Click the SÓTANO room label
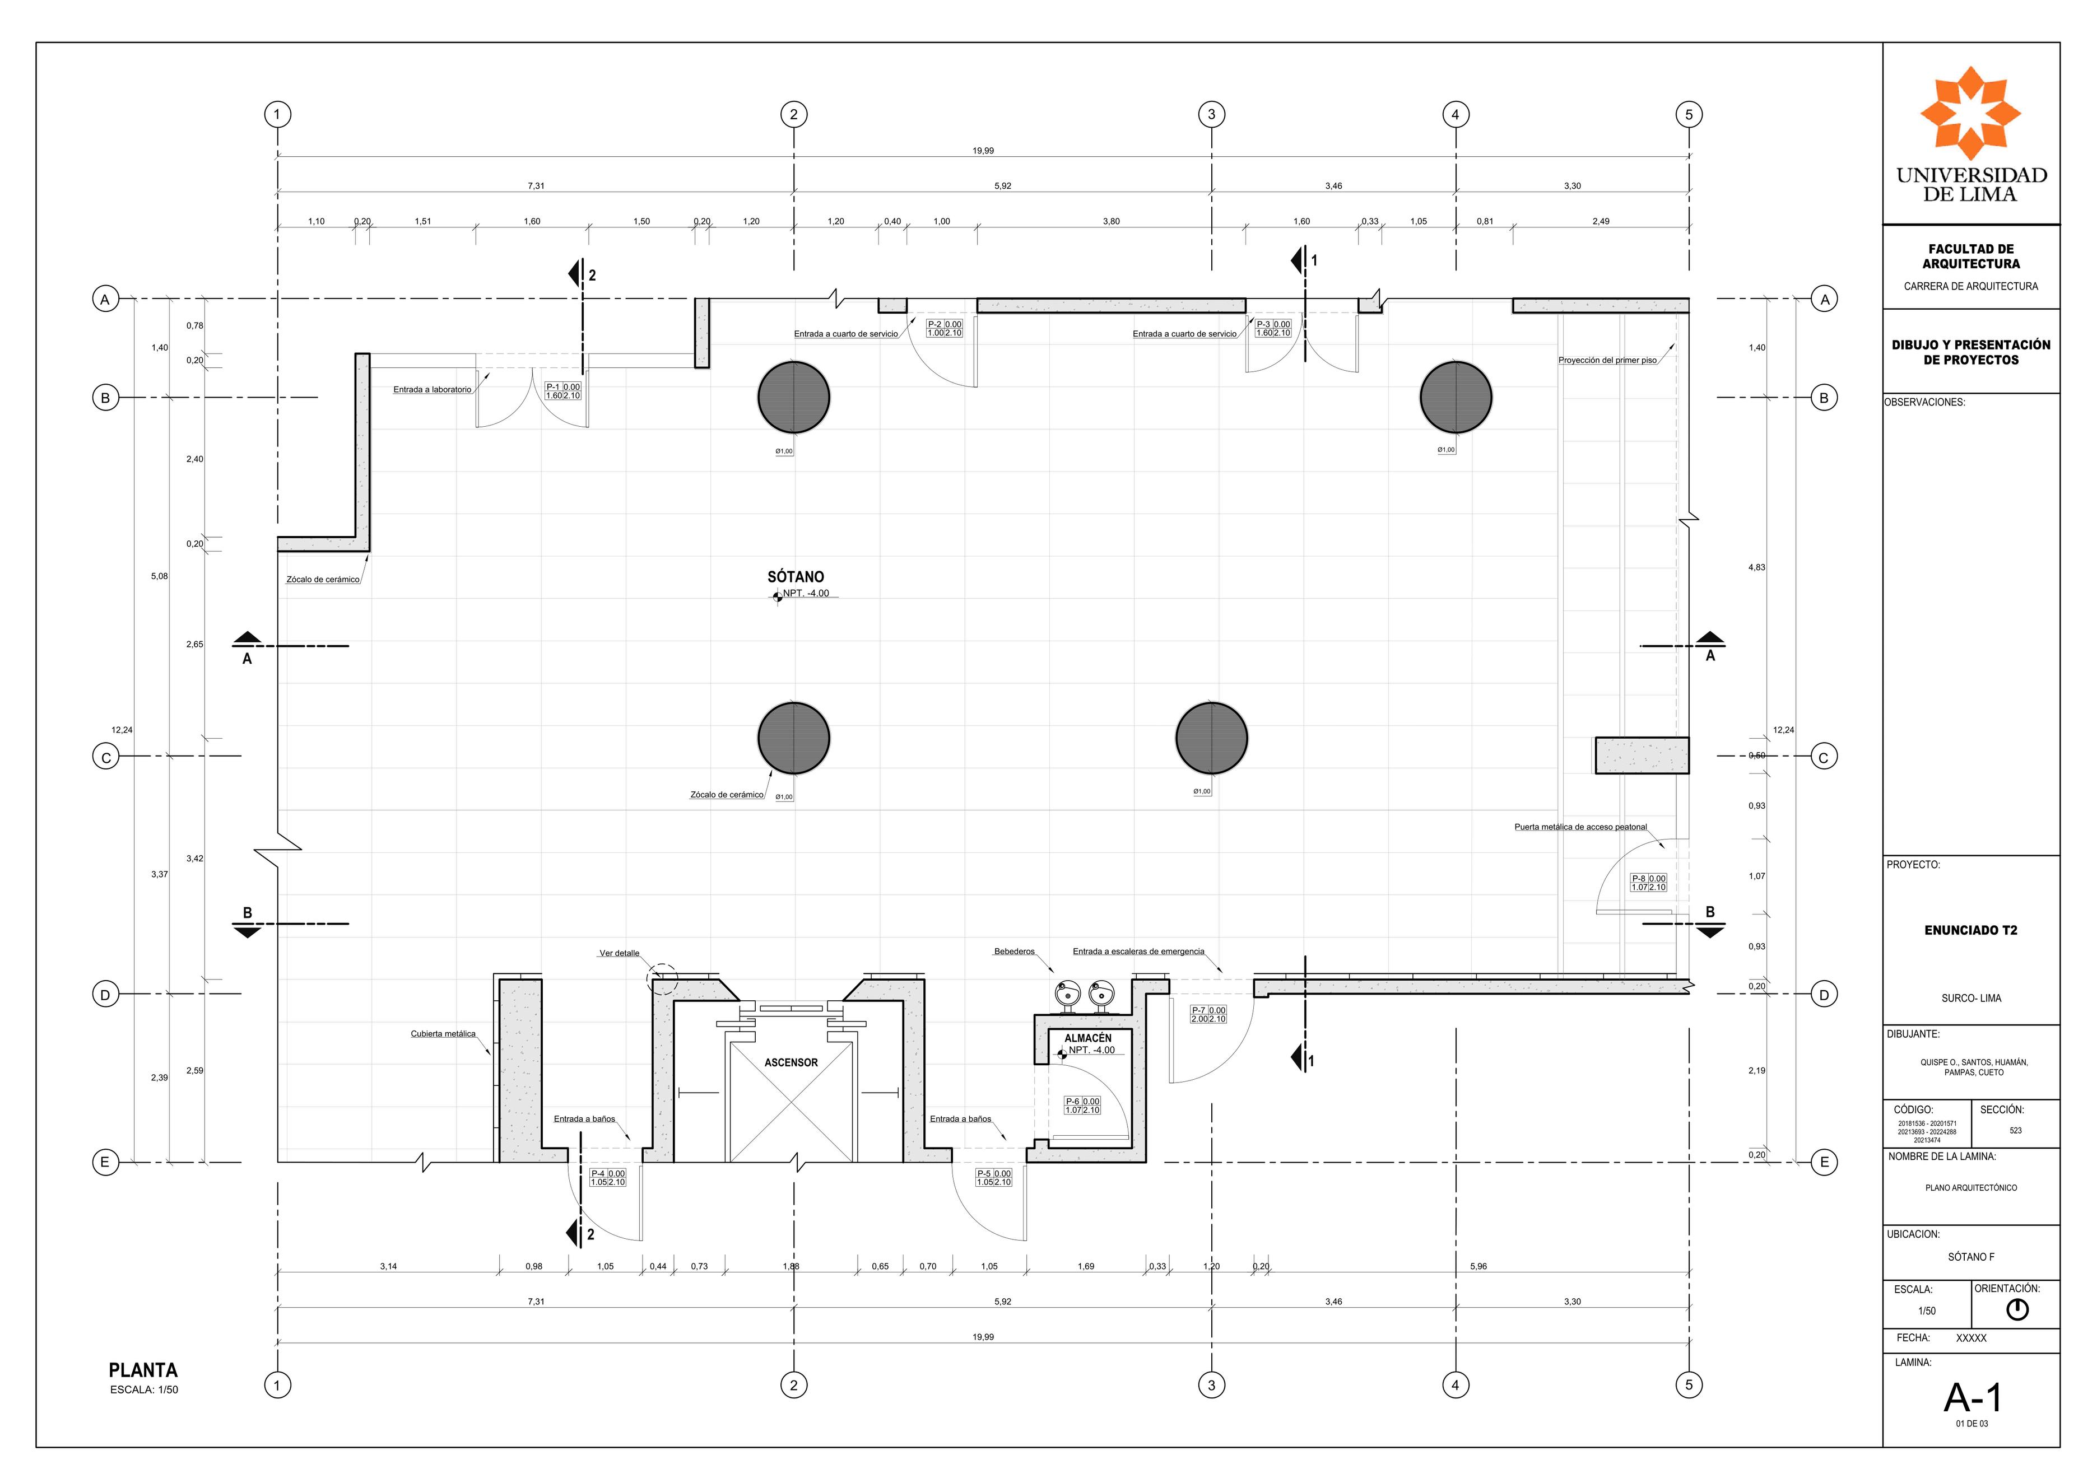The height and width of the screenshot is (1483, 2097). point(794,577)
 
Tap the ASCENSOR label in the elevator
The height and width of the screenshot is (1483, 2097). point(791,1063)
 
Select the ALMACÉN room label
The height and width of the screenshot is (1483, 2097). point(1088,1038)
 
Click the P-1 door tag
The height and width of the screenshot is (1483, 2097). point(562,391)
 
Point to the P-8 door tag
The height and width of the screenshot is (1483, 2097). point(1649,883)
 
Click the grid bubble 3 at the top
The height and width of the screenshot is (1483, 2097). point(1212,115)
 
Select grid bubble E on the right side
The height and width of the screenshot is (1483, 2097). point(1824,1163)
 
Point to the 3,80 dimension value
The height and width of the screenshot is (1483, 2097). point(1110,222)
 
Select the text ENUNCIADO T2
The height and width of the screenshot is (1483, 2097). point(1971,931)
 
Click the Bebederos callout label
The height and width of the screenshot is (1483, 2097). point(1014,952)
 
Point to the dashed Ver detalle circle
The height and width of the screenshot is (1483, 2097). point(662,979)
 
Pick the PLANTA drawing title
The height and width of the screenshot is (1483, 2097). point(143,1370)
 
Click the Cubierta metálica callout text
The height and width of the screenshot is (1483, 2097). point(443,1034)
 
